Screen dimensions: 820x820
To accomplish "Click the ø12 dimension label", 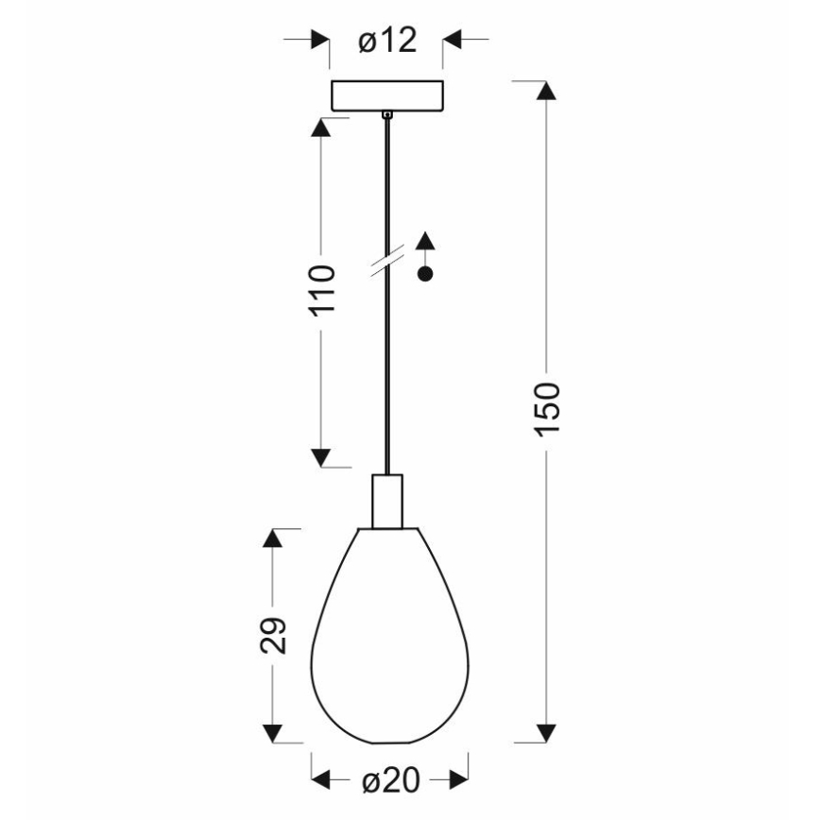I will [x=387, y=41].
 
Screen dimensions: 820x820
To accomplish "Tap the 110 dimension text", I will [x=322, y=293].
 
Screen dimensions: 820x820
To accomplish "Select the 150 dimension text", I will [x=548, y=409].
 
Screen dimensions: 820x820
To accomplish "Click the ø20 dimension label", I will [x=389, y=780].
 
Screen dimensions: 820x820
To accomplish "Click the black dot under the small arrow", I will [x=426, y=275].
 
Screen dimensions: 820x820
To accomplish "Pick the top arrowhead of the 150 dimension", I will [x=544, y=91].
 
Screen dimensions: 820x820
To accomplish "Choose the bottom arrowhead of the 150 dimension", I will [x=544, y=733].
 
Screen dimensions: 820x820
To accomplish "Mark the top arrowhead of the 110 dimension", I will [x=321, y=128].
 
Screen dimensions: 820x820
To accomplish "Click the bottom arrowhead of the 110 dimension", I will [x=321, y=458].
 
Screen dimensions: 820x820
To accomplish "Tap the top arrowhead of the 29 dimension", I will [x=272, y=538].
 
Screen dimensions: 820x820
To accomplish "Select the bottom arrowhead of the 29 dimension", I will [x=272, y=733].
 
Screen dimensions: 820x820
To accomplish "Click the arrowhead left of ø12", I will [x=320, y=41].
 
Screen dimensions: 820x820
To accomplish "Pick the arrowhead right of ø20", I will [x=458, y=780].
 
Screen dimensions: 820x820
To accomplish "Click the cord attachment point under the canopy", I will [x=386, y=115].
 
